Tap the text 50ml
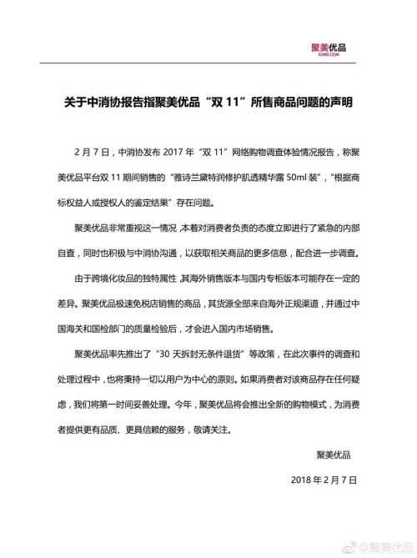(324, 178)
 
